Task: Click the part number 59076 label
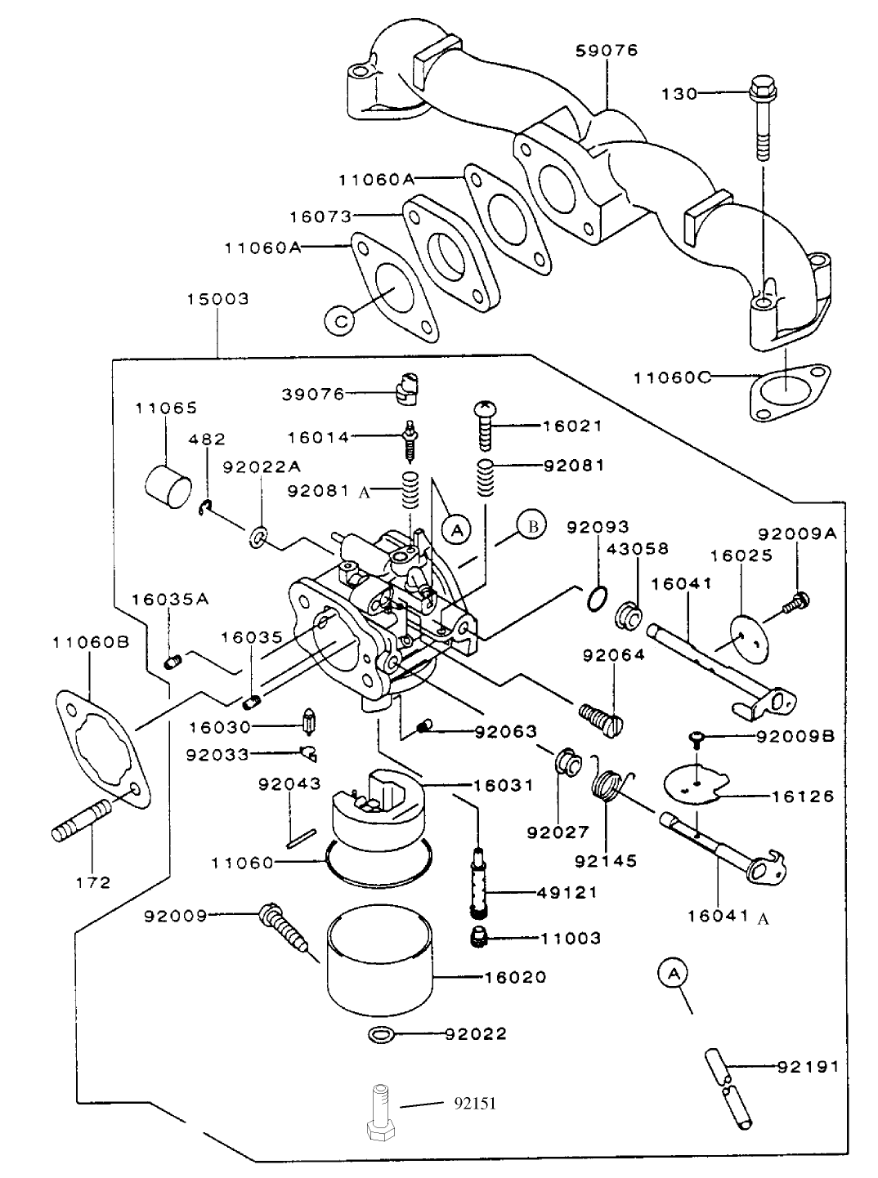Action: coord(607,51)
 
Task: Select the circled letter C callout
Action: coord(339,319)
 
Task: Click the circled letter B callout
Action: coord(531,526)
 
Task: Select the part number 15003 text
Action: coord(217,299)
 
